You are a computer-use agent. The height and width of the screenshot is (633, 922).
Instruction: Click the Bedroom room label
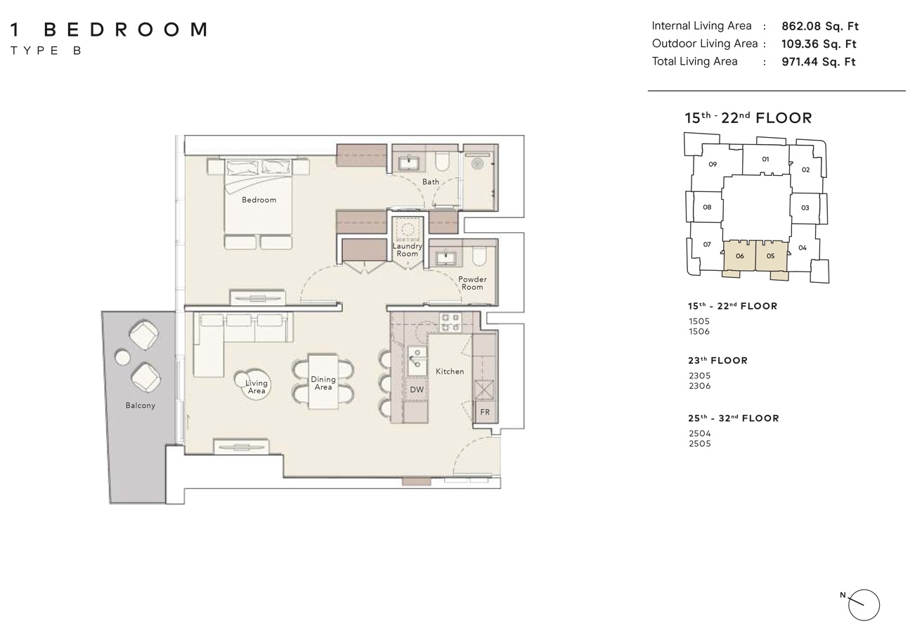259,200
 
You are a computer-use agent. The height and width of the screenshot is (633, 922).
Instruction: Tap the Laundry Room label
407,250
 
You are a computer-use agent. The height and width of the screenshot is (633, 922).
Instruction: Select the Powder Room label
472,283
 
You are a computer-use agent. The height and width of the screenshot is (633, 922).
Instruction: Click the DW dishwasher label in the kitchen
417,390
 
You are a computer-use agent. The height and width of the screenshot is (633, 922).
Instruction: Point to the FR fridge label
484,412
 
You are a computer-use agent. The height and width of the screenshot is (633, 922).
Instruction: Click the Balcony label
141,406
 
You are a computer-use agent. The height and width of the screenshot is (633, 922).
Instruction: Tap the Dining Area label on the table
323,383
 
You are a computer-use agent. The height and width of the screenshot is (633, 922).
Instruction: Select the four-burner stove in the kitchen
450,322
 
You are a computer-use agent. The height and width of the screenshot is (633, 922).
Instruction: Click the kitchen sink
417,361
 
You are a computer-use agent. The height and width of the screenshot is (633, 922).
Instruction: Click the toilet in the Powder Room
479,257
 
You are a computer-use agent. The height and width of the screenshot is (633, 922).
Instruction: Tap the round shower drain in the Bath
478,163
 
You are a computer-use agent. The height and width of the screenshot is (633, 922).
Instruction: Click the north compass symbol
864,605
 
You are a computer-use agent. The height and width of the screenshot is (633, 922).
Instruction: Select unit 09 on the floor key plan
713,165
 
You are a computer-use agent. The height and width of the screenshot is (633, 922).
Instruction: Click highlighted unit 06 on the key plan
739,257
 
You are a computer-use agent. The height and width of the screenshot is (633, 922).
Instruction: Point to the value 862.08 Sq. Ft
820,27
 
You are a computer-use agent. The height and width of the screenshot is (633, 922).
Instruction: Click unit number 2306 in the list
699,386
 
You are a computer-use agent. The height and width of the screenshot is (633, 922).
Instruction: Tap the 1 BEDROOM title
110,30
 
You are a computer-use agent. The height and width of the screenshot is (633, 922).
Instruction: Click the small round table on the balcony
122,358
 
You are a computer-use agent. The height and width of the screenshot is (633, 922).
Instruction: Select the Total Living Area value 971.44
819,62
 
